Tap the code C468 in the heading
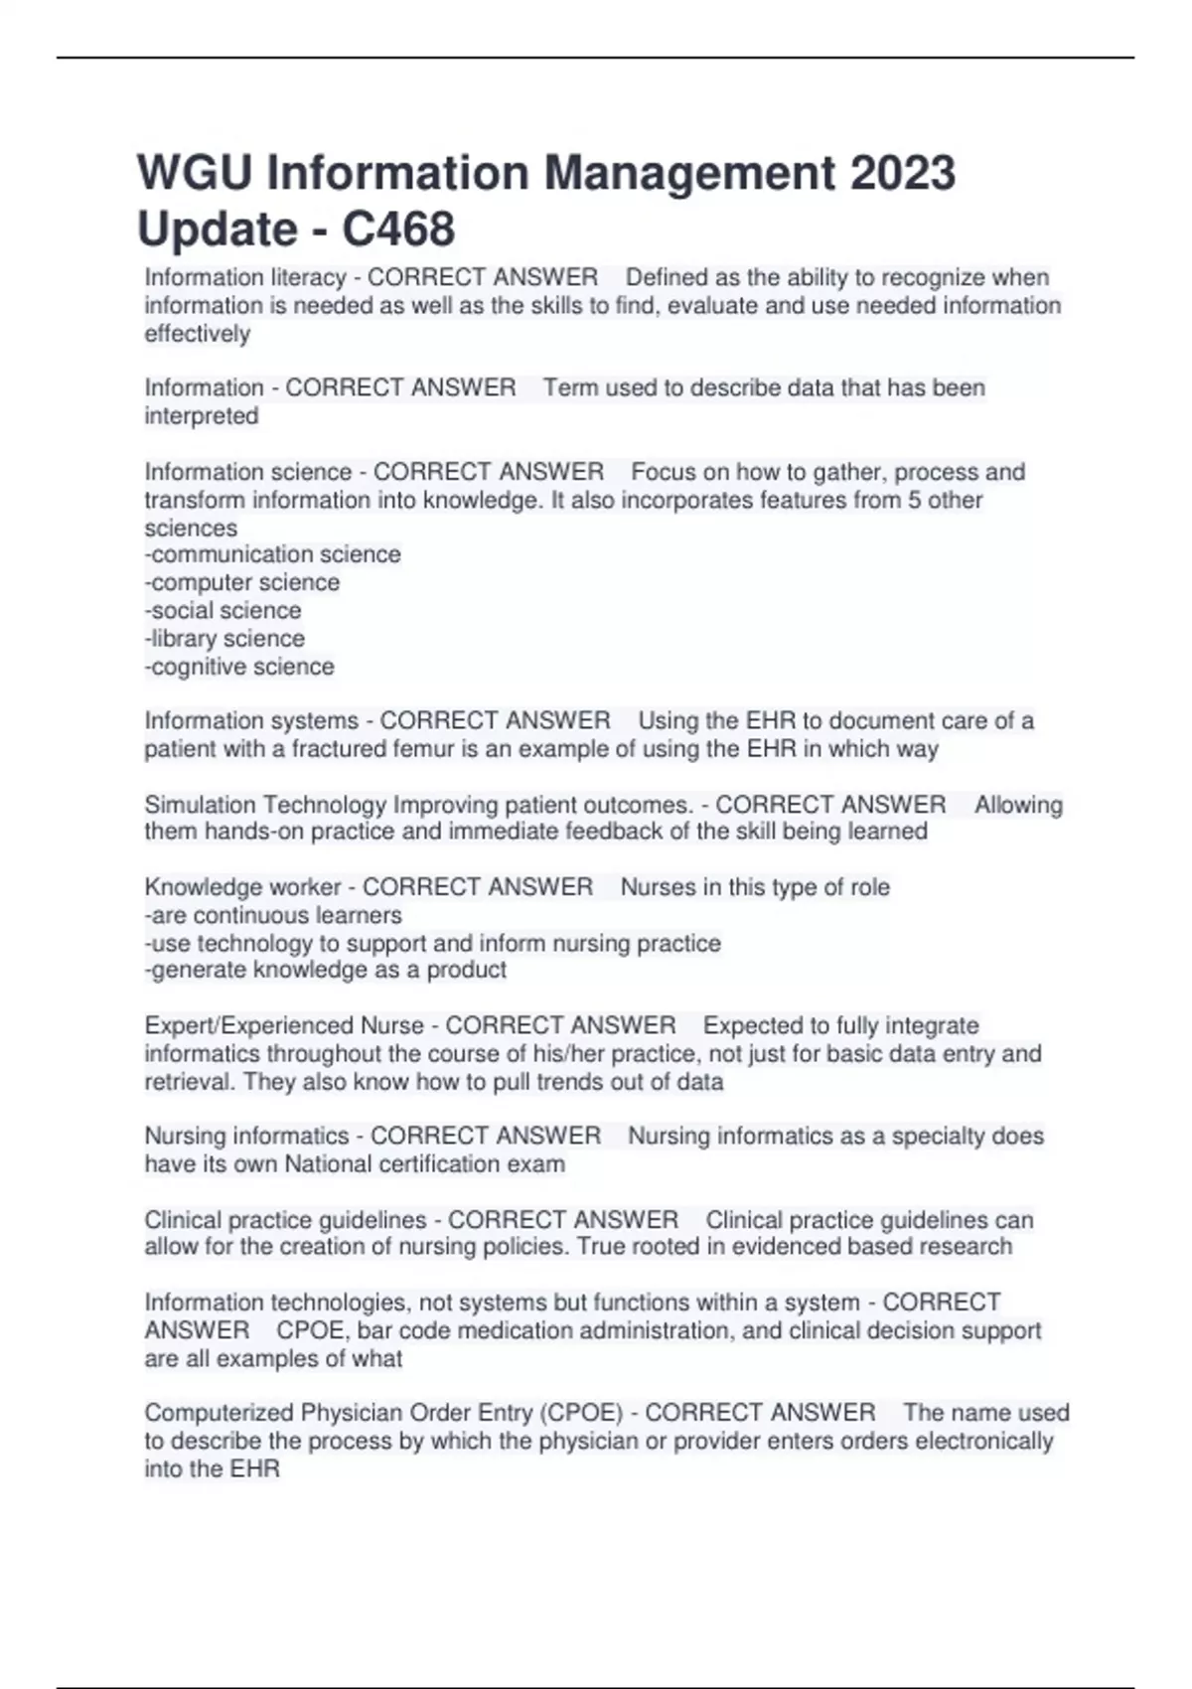(398, 230)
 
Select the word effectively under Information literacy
(197, 334)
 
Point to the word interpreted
(201, 416)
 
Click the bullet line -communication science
(272, 554)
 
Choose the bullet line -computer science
(241, 582)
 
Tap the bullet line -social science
(223, 610)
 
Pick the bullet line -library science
(224, 639)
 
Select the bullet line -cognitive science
(239, 667)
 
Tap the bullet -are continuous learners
(273, 915)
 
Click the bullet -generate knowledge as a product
(326, 970)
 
